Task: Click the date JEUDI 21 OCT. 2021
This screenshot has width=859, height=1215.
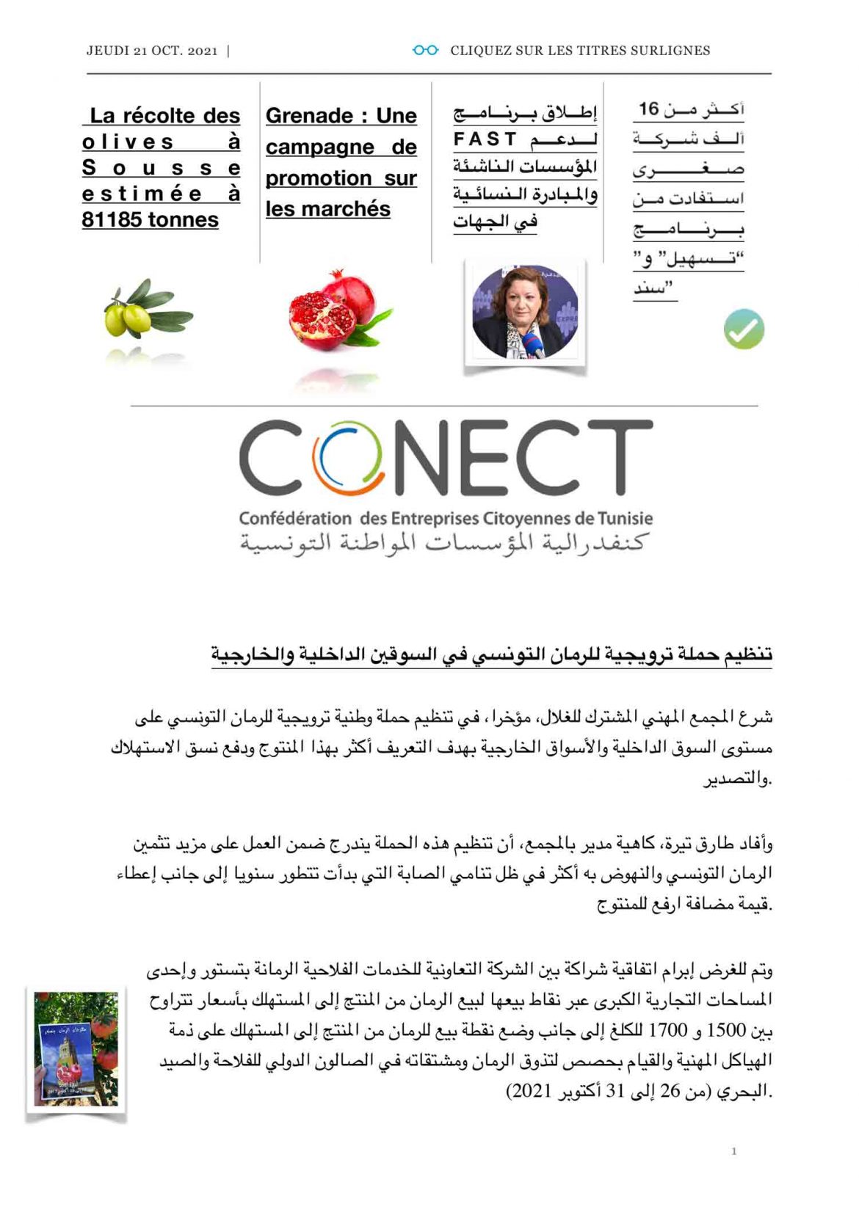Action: click(152, 51)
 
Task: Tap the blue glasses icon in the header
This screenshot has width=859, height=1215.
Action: click(425, 50)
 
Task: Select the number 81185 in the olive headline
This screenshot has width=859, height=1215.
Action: click(113, 220)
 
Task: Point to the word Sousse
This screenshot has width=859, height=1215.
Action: click(161, 168)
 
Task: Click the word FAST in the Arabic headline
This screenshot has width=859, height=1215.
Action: click(485, 139)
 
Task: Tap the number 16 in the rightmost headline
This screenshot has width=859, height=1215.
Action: click(649, 109)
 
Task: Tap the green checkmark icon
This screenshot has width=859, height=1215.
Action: click(744, 329)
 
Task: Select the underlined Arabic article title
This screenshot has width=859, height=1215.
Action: click(491, 654)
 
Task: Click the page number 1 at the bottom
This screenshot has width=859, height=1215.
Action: click(733, 1151)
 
